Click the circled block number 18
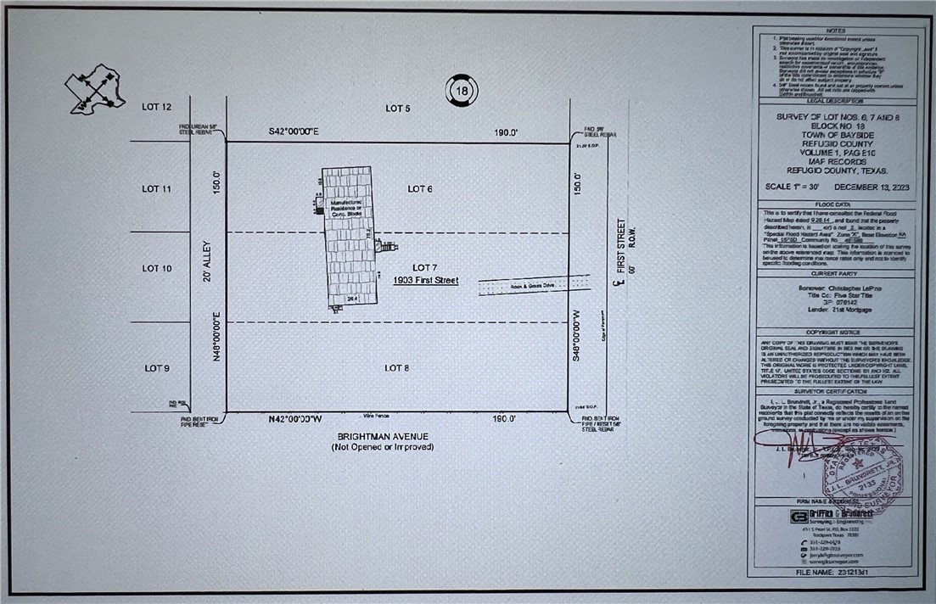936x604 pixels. click(460, 91)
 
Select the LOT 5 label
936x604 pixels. click(398, 109)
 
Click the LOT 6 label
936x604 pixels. click(420, 188)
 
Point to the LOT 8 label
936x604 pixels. click(397, 367)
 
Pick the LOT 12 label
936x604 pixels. click(157, 107)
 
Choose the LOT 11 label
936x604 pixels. click(157, 188)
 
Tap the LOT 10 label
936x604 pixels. click(157, 268)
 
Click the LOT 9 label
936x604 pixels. click(157, 367)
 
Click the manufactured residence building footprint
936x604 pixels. click(343, 238)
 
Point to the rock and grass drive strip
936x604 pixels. click(534, 285)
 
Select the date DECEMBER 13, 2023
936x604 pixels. click(873, 187)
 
